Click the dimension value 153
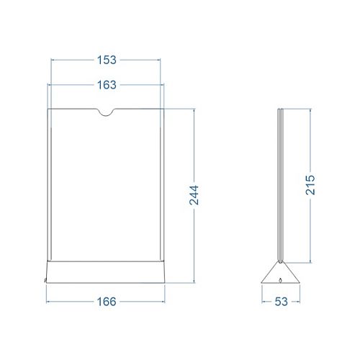107,60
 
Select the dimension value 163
107,85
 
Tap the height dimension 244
194,195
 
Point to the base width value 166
107,302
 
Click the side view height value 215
310,185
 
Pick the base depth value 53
281,302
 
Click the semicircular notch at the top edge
106,112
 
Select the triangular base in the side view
280,273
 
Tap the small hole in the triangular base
280,280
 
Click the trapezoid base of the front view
106,272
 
